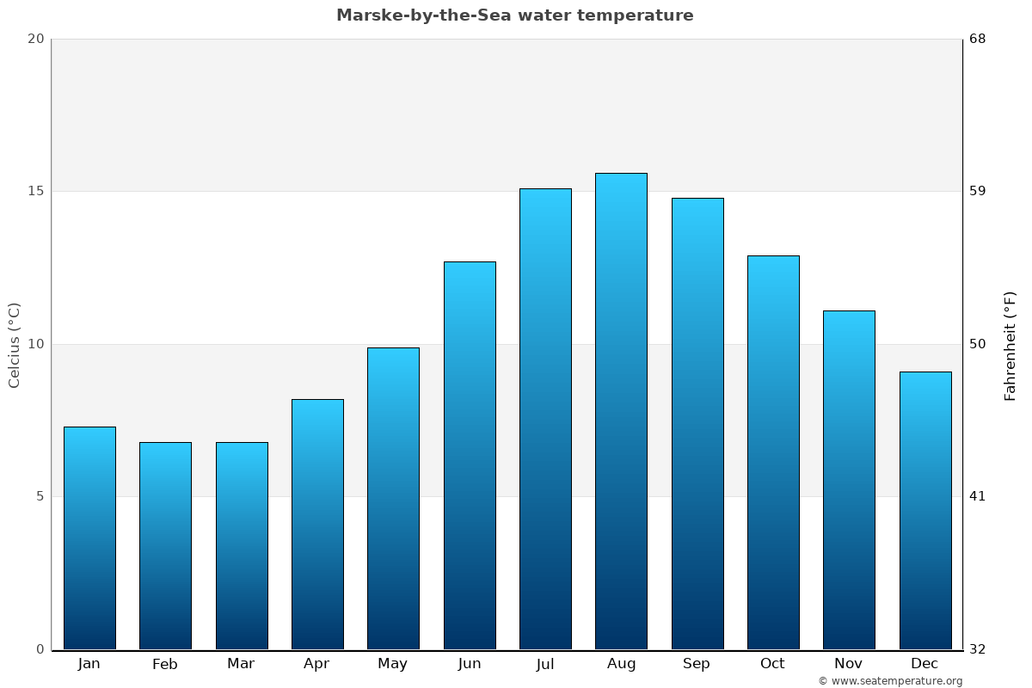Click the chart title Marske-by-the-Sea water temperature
tap(514, 15)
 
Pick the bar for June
tap(470, 455)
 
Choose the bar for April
tap(317, 524)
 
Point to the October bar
tap(773, 452)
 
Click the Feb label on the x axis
tap(164, 664)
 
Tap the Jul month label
tap(545, 664)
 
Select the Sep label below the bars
tap(697, 664)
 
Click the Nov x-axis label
tap(848, 664)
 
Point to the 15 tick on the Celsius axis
tap(35, 191)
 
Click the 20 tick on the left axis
tap(35, 39)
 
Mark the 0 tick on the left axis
tap(40, 649)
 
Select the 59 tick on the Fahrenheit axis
tap(978, 191)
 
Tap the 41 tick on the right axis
tap(978, 496)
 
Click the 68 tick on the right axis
tap(978, 39)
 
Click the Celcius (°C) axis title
tap(14, 345)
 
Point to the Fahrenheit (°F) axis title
tap(1010, 345)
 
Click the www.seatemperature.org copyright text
tap(890, 681)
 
